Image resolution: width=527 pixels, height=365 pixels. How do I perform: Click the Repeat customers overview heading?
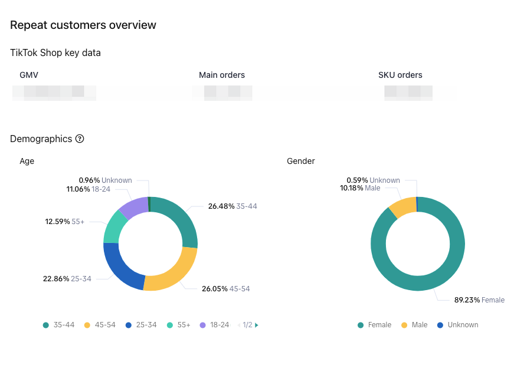pyautogui.click(x=83, y=25)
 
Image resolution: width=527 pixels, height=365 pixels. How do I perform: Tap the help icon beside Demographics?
pyautogui.click(x=80, y=139)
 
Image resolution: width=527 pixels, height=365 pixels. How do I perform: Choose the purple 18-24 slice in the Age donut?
pyautogui.click(x=133, y=206)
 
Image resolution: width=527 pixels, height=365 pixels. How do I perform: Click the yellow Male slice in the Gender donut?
pyautogui.click(x=402, y=207)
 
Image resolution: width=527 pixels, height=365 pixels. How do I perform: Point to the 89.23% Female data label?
pyautogui.click(x=479, y=300)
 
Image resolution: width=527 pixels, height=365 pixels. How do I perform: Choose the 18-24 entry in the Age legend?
pyautogui.click(x=215, y=325)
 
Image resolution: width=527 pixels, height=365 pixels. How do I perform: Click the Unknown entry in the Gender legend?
pyautogui.click(x=458, y=325)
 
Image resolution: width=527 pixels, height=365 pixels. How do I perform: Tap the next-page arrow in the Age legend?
pyautogui.click(x=257, y=325)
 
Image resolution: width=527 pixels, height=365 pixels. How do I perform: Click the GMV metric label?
pyautogui.click(x=29, y=75)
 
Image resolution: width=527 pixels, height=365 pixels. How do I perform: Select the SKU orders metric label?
pyautogui.click(x=400, y=75)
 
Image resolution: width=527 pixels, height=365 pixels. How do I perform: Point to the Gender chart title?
pyautogui.click(x=301, y=161)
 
